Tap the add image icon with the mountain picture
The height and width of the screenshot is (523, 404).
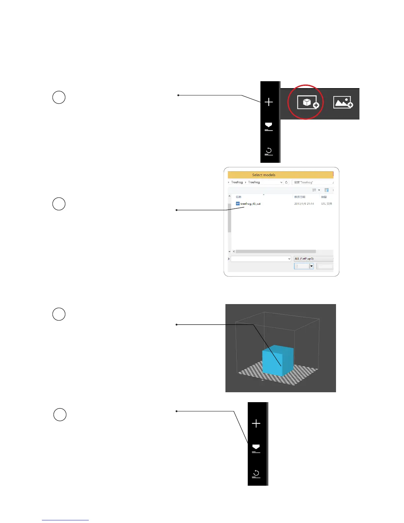click(x=343, y=103)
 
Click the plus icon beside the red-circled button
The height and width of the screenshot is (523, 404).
click(x=269, y=102)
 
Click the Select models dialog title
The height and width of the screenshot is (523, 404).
click(x=263, y=175)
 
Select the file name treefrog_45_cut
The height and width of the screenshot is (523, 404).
click(x=251, y=204)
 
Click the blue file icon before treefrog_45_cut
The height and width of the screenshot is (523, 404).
click(x=238, y=204)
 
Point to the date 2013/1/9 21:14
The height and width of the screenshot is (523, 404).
click(x=304, y=204)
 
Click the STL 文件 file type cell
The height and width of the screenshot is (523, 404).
click(x=326, y=204)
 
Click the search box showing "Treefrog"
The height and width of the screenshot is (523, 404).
click(x=312, y=182)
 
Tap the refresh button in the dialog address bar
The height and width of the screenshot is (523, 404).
click(x=286, y=182)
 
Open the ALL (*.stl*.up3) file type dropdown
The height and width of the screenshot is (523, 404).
click(x=313, y=259)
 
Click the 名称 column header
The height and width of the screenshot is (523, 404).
click(x=239, y=197)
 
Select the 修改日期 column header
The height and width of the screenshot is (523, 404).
click(x=300, y=197)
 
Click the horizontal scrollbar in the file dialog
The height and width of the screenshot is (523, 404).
click(x=276, y=252)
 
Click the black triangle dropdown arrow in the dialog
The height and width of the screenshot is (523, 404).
click(x=311, y=266)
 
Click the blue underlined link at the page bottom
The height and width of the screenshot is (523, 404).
click(x=65, y=520)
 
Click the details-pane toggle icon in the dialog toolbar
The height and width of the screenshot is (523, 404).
click(x=326, y=190)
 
